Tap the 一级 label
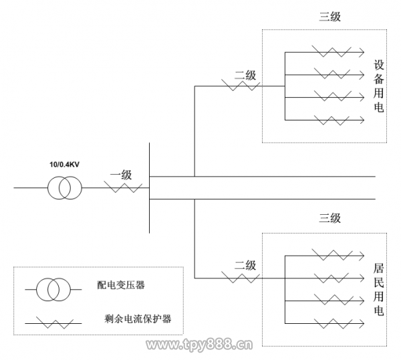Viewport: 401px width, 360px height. pyautogui.click(x=121, y=176)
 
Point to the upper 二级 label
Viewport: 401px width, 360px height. pyautogui.click(x=245, y=76)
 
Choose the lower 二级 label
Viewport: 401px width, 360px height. pyautogui.click(x=245, y=266)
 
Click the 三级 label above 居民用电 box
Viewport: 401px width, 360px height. pyautogui.click(x=329, y=217)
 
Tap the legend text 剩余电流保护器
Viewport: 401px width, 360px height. pyautogui.click(x=138, y=319)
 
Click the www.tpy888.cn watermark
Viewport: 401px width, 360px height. pyautogui.click(x=199, y=346)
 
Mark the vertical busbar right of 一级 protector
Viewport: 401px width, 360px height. pyautogui.click(x=149, y=194)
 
